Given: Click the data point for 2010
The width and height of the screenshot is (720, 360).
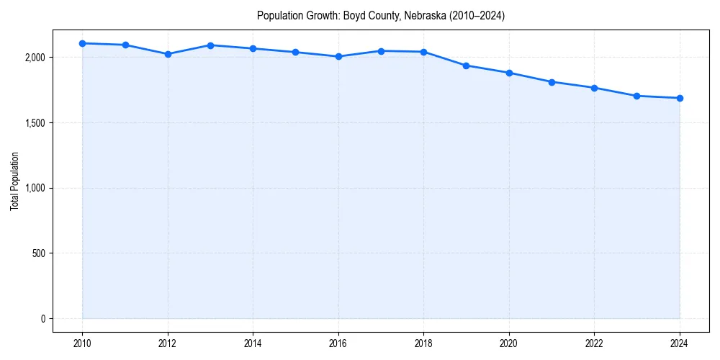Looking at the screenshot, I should pos(83,43).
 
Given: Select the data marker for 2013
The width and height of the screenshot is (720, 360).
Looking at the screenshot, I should pos(210,45).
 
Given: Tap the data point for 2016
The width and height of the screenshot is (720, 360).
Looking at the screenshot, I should pos(338,56).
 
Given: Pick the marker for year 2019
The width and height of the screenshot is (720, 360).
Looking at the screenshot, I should pos(467,66).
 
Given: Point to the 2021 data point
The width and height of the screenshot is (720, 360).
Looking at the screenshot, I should pos(552,82).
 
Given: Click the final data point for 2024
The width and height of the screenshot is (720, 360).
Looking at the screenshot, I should pos(680,98).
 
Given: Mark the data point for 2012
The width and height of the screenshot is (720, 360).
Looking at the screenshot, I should pos(168,54).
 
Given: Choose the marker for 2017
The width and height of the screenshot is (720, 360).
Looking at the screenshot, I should pos(381,51).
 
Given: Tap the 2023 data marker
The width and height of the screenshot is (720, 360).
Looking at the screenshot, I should pos(637,96).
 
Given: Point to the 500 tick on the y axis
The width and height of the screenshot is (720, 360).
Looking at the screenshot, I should pos(38,253).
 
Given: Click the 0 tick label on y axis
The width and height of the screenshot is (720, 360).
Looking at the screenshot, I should pos(42,319).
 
